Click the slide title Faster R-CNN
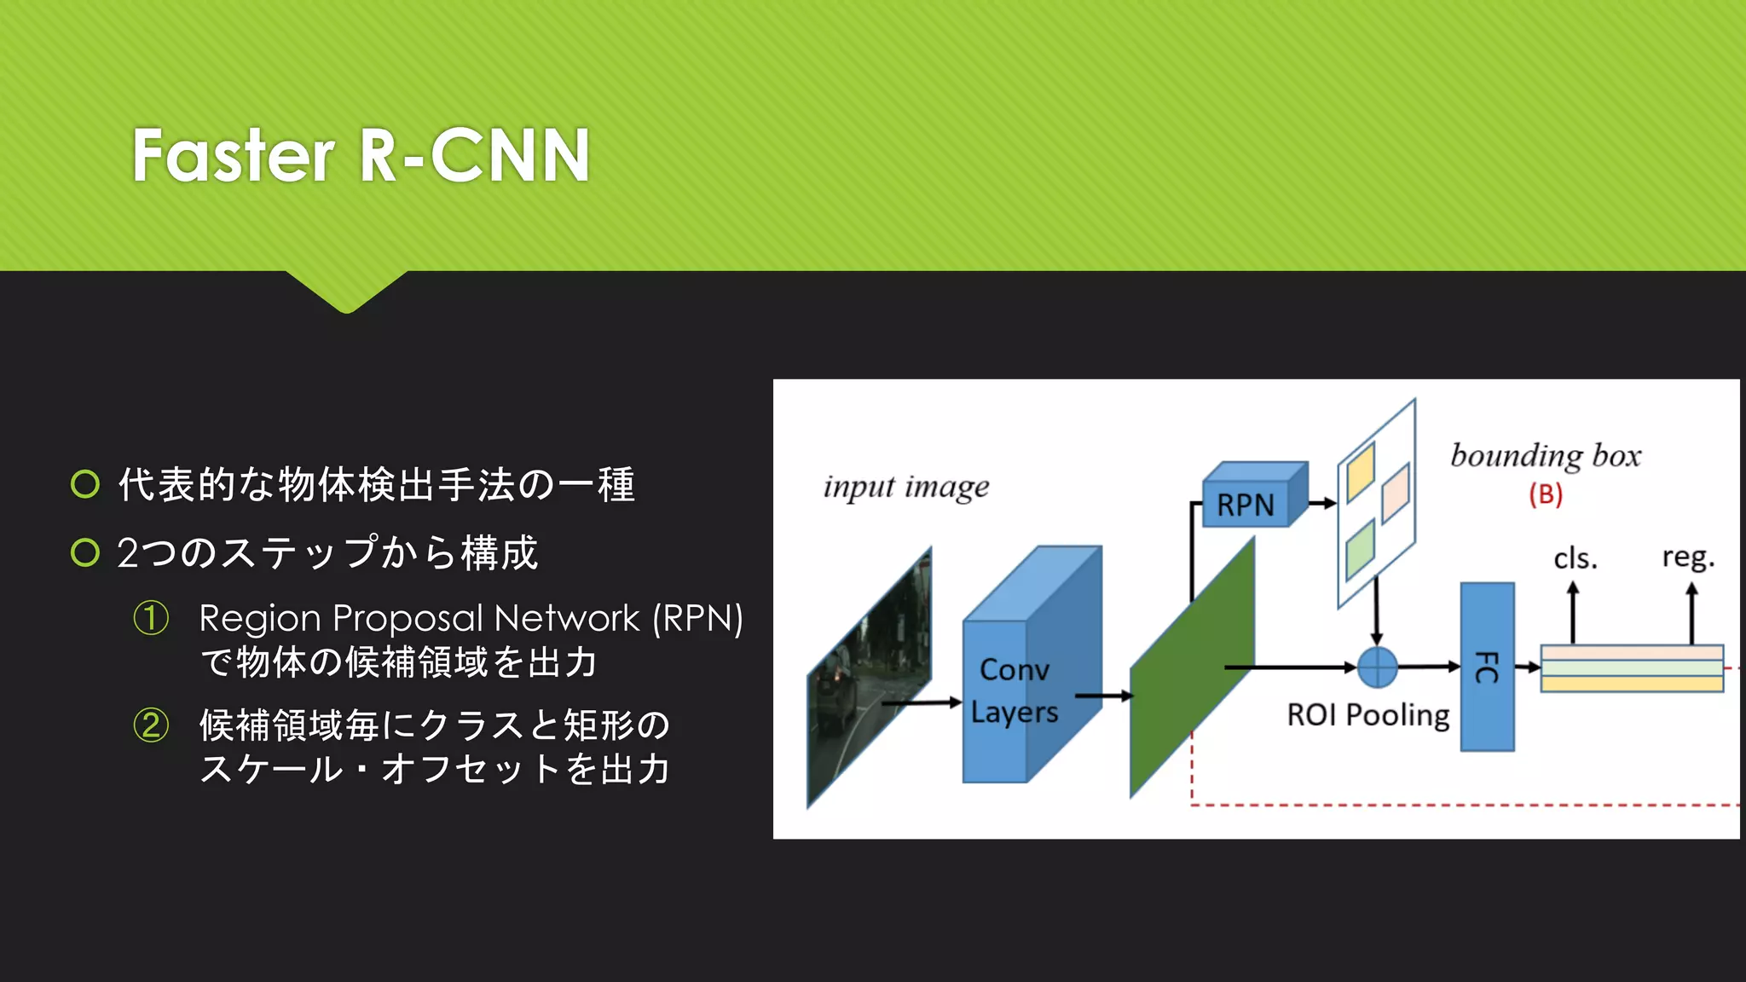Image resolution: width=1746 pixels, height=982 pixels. click(x=361, y=155)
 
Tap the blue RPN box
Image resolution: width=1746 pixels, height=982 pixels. click(x=1246, y=505)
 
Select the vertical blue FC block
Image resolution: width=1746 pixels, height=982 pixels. click(x=1487, y=667)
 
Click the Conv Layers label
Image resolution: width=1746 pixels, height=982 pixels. click(x=1015, y=690)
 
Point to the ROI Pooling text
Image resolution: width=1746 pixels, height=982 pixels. click(x=1367, y=714)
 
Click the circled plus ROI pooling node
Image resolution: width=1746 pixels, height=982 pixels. click(x=1377, y=667)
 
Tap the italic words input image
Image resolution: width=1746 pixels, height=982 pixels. click(x=906, y=487)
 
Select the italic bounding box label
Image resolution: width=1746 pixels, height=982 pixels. click(x=1546, y=456)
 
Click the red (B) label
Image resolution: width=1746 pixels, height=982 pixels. click(x=1545, y=494)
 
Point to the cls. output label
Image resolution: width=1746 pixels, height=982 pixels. click(x=1575, y=558)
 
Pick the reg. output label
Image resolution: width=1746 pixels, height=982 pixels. click(x=1688, y=557)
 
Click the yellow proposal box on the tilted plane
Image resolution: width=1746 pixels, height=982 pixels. click(x=1361, y=472)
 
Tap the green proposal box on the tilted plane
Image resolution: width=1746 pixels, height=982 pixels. click(x=1360, y=551)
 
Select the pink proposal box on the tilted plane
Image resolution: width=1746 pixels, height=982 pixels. click(x=1396, y=492)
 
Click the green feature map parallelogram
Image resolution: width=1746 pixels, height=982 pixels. click(x=1192, y=673)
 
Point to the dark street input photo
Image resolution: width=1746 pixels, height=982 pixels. click(x=868, y=678)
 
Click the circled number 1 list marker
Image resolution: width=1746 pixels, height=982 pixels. click(x=151, y=618)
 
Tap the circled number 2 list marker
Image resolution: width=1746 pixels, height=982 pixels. click(x=151, y=725)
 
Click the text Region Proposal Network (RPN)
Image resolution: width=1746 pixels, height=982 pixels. click(x=471, y=618)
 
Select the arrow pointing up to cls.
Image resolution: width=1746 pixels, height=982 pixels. click(x=1573, y=612)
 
